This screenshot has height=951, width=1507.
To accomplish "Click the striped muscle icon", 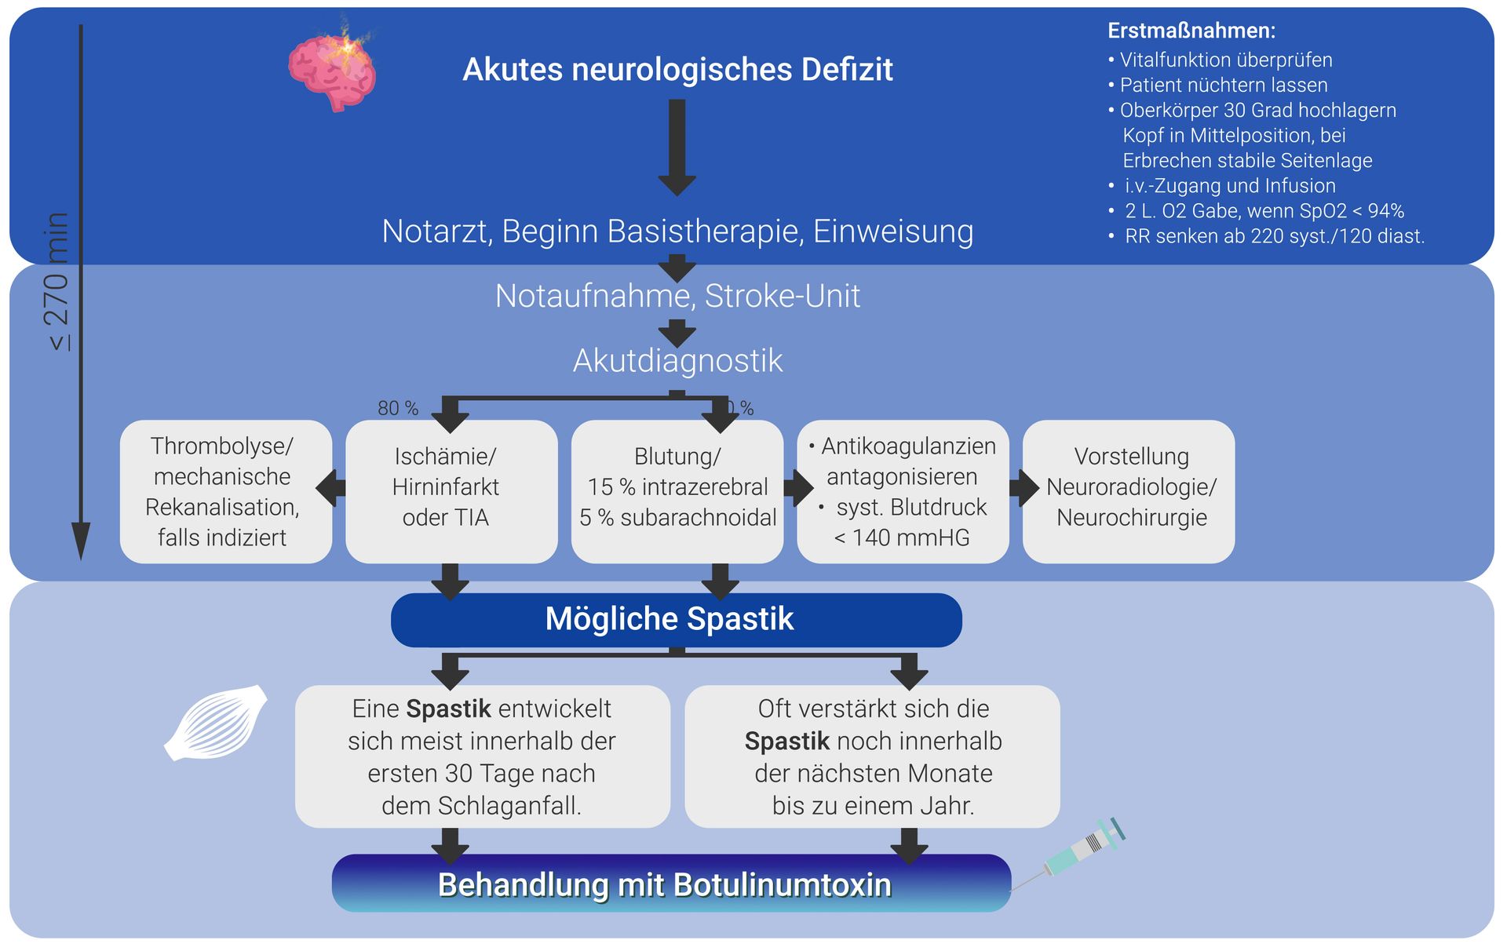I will tap(216, 723).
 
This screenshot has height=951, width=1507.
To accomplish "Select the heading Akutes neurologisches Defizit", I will tap(677, 69).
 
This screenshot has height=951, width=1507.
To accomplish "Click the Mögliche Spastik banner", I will tap(676, 619).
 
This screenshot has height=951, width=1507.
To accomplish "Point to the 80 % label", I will tap(397, 408).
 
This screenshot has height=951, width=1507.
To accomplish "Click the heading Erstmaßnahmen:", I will tap(1191, 31).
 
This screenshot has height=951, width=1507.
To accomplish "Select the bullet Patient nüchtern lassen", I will tap(1223, 85).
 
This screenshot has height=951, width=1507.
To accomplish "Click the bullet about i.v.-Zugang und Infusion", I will tap(1229, 186).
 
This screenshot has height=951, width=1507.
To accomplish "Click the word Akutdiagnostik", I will tap(677, 360).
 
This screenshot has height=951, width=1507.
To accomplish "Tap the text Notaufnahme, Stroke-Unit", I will tap(677, 296).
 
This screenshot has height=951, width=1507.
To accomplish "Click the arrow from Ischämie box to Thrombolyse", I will tap(330, 487).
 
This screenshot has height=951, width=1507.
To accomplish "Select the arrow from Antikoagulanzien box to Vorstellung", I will tap(1024, 487).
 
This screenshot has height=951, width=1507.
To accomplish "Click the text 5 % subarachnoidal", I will tap(677, 518).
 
